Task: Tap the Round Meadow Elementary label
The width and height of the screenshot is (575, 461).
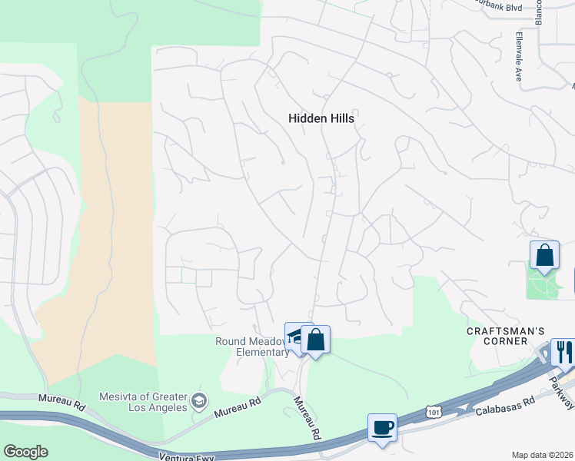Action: [x=251, y=347]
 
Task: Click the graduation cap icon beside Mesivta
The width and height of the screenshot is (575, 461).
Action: [x=200, y=400]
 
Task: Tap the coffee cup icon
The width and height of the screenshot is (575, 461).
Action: [x=382, y=427]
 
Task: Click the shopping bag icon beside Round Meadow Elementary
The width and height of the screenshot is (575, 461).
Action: [x=315, y=339]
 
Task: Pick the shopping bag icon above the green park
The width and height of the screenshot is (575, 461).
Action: [x=544, y=255]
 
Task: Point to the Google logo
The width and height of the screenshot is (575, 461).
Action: [x=25, y=451]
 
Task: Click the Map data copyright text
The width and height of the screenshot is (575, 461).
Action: [x=543, y=455]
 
